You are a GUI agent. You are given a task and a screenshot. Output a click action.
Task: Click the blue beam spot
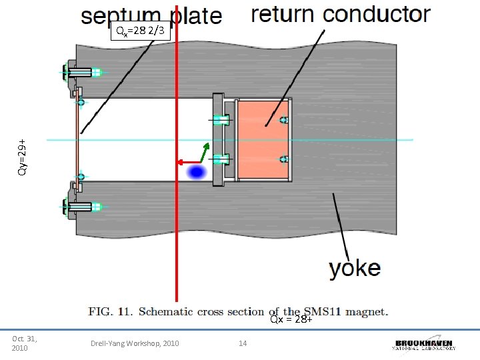(195, 173)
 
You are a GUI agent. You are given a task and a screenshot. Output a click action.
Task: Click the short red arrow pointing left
(189, 162)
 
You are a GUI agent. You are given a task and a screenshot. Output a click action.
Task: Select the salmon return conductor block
(263, 140)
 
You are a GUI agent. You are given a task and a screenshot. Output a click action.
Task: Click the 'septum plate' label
(151, 15)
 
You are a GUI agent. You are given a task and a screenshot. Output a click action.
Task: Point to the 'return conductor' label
(340, 14)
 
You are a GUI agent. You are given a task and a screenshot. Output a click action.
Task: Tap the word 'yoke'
(355, 269)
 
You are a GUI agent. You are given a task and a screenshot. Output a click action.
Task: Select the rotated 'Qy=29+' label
(22, 157)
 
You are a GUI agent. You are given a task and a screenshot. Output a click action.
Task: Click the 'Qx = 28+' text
(291, 319)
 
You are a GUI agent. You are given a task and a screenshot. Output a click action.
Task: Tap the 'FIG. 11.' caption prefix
(109, 311)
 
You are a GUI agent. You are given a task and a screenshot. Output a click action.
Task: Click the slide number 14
(243, 343)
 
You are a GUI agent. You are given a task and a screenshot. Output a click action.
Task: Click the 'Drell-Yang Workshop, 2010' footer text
(135, 343)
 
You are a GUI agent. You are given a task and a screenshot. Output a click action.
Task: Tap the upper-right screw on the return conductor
(283, 120)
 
